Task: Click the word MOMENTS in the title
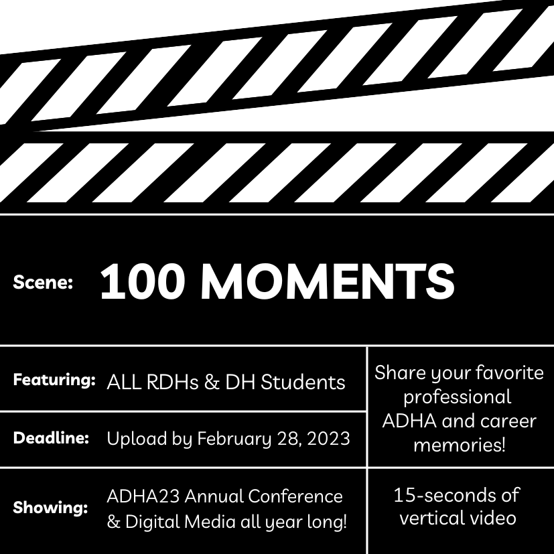click(x=327, y=281)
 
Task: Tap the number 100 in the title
click(x=143, y=281)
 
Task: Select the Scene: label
click(x=43, y=282)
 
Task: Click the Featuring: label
click(x=54, y=380)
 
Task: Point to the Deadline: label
click(x=51, y=437)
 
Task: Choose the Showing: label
click(x=50, y=507)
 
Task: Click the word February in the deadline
click(x=234, y=439)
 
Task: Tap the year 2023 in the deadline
click(x=328, y=439)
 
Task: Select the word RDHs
click(x=172, y=382)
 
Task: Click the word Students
click(x=303, y=382)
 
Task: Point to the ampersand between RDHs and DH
click(x=212, y=383)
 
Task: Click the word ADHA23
click(x=143, y=496)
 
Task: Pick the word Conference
click(x=295, y=496)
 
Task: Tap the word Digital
click(x=153, y=522)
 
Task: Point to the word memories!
click(x=460, y=444)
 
